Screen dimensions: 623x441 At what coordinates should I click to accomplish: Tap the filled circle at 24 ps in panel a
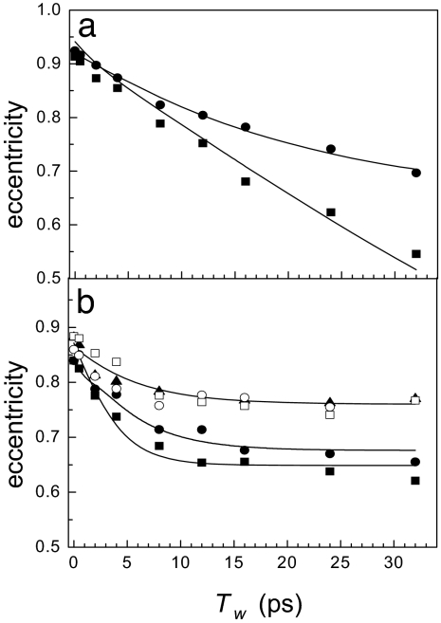[330, 149]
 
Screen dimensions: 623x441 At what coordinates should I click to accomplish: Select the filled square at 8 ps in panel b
[159, 446]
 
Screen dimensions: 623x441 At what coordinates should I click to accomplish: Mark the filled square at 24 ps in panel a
[330, 212]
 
